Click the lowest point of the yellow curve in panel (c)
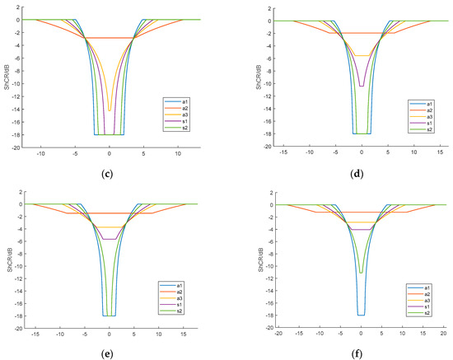(x=109, y=110)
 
